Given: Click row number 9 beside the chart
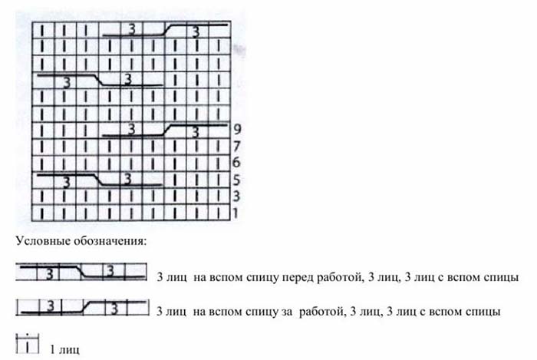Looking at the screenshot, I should pyautogui.click(x=238, y=130).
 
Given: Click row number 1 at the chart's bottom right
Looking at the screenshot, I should pyautogui.click(x=236, y=213).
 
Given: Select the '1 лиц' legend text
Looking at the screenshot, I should pyautogui.click(x=64, y=350).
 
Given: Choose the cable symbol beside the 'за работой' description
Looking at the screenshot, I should pyautogui.click(x=81, y=308).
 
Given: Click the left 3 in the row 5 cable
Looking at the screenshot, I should pyautogui.click(x=67, y=183).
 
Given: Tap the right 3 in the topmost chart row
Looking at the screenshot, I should pyautogui.click(x=197, y=31).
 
